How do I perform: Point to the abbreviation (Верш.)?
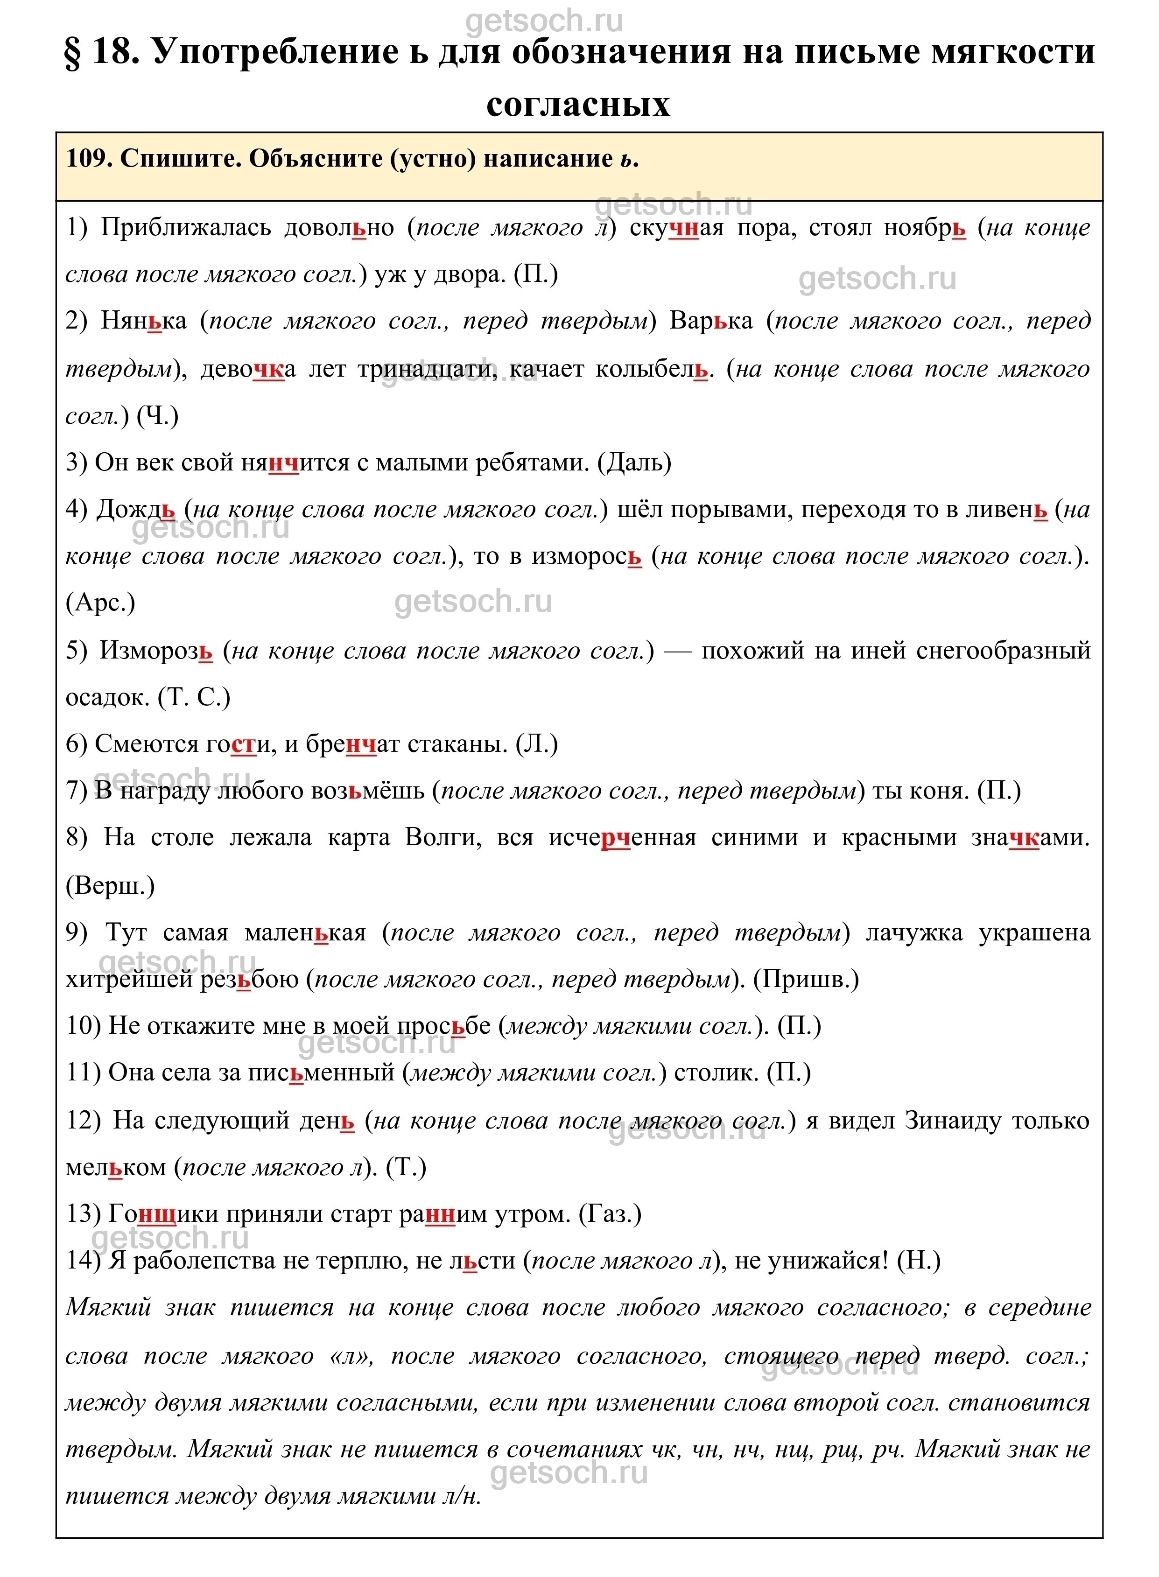click(109, 886)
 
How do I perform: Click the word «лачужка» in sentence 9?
click(914, 933)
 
